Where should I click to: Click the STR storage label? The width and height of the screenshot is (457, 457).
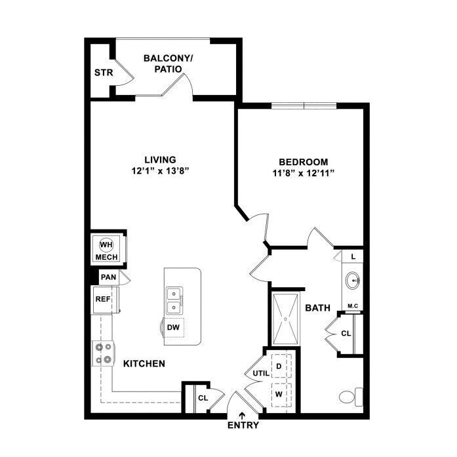tap(102, 72)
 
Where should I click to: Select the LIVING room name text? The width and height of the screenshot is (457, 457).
tap(160, 159)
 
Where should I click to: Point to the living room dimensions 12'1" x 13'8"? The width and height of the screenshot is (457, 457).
tap(160, 172)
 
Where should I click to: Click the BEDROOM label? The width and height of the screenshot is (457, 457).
tap(303, 162)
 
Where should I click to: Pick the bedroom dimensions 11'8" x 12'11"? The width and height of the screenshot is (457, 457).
tap(303, 174)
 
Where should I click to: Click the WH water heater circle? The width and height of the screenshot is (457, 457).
tap(106, 245)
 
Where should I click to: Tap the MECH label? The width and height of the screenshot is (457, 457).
tap(106, 257)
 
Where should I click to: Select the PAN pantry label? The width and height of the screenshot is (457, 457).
tap(108, 277)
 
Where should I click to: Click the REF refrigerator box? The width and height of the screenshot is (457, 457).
tap(103, 299)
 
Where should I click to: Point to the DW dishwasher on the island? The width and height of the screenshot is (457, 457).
tap(173, 327)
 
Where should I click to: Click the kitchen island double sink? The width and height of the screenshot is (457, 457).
tap(174, 300)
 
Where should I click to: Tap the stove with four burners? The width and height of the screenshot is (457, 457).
tap(105, 353)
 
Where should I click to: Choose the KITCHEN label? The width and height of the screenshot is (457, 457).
tap(144, 363)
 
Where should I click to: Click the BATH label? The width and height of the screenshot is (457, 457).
tap(317, 307)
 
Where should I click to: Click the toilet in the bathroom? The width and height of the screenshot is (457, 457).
tap(351, 395)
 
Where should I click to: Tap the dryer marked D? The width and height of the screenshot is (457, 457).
tap(279, 365)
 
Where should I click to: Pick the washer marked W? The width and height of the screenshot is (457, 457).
tap(279, 394)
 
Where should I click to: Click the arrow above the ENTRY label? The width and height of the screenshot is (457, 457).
tap(243, 414)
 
